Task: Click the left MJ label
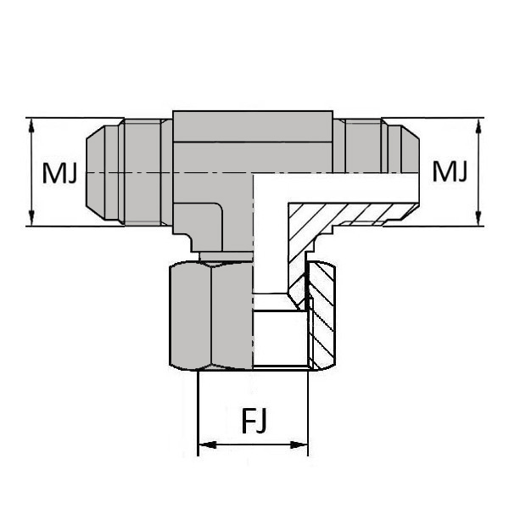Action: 60,173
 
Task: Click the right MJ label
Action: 449,173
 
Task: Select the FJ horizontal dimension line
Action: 252,445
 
